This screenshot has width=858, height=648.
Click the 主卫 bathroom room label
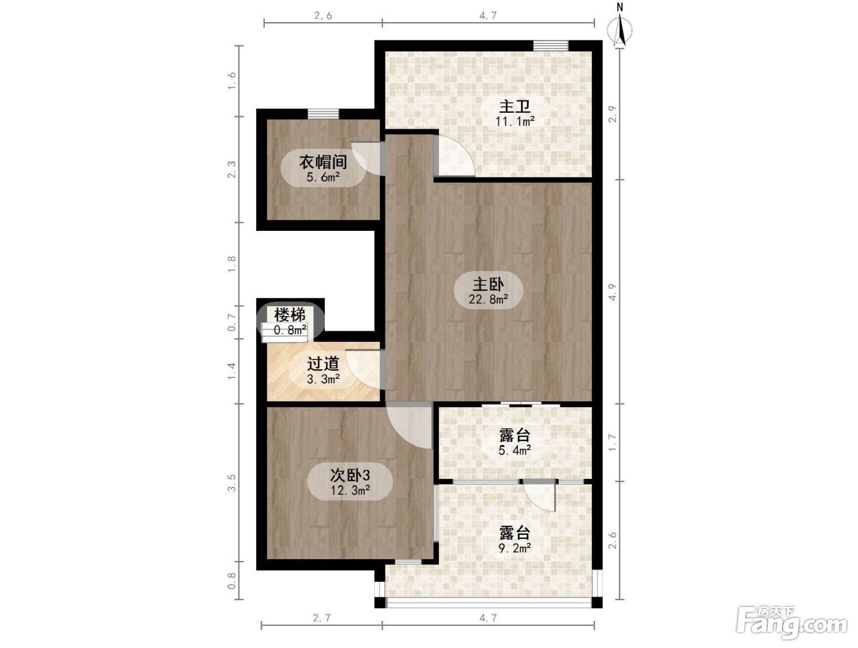pyautogui.click(x=515, y=106)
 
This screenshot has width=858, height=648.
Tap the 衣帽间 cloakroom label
pyautogui.click(x=323, y=162)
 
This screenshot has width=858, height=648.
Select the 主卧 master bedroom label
pyautogui.click(x=488, y=284)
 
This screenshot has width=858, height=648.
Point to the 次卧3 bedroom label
pyautogui.click(x=350, y=475)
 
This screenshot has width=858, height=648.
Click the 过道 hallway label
pyautogui.click(x=323, y=364)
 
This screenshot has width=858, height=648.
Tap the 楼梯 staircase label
pyautogui.click(x=290, y=315)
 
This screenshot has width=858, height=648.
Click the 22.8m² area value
pyautogui.click(x=488, y=300)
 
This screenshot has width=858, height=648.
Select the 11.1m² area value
pyautogui.click(x=515, y=121)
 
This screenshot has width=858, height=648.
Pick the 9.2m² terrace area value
pyautogui.click(x=515, y=548)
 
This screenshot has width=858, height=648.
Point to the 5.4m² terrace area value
pyautogui.click(x=515, y=450)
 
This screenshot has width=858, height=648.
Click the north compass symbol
pyautogui.click(x=620, y=29)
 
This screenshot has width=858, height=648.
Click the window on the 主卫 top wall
pyautogui.click(x=551, y=46)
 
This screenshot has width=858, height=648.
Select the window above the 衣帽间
pyautogui.click(x=323, y=114)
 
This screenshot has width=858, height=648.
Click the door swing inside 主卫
pyautogui.click(x=455, y=155)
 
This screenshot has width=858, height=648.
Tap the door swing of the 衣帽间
pyautogui.click(x=368, y=158)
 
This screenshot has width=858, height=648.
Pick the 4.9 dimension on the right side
pyautogui.click(x=612, y=292)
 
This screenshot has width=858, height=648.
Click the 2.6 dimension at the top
pyautogui.click(x=323, y=16)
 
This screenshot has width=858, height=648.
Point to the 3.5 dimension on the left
pyautogui.click(x=232, y=483)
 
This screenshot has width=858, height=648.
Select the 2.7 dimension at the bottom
pyautogui.click(x=322, y=617)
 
